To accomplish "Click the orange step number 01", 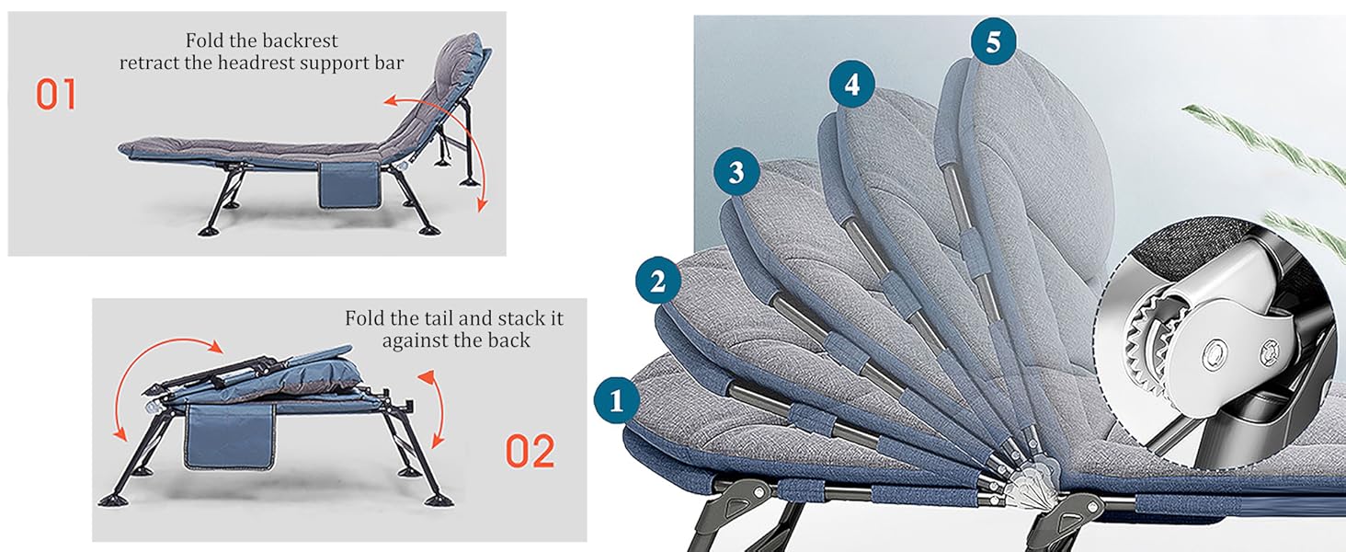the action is (x=56, y=95).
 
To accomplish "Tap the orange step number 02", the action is (x=530, y=452).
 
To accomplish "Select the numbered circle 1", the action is (x=617, y=400).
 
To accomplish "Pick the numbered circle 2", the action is (x=658, y=281).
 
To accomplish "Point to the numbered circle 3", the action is (x=736, y=172).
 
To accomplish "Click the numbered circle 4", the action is (x=852, y=85).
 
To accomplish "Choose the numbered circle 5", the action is (x=993, y=40).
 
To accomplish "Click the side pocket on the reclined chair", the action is (x=348, y=183).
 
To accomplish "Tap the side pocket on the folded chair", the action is (x=229, y=435).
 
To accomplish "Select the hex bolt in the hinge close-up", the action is (x=1215, y=354).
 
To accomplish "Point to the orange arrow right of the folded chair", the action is (x=441, y=408).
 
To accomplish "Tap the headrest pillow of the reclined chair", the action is (x=462, y=57).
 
